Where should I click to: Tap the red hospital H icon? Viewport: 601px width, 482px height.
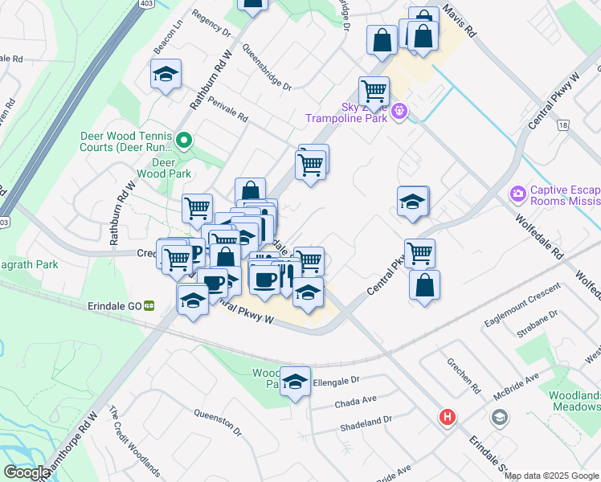tap(446, 418)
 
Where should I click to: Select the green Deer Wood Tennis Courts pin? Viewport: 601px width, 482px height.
tap(184, 142)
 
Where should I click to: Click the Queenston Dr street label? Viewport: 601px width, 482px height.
tap(218, 419)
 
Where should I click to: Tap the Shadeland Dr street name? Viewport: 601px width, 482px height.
tap(364, 419)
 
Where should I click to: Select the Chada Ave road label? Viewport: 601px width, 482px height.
tap(358, 399)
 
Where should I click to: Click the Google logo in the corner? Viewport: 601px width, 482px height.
tap(27, 472)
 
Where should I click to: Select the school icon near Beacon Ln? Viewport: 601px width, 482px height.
tap(166, 75)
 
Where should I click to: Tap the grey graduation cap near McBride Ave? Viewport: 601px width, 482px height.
tap(499, 417)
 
